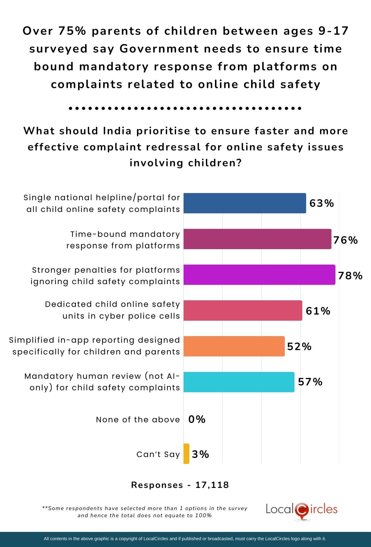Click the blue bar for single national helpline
245,203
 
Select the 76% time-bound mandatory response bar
257,239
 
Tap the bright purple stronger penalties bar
259,275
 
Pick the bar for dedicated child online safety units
243,310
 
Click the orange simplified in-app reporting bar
234,346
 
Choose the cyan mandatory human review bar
239,382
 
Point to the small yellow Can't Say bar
186,454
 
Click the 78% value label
350,276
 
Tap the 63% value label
321,203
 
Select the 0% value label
197,419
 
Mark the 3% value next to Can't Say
200,454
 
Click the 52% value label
299,347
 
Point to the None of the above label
138,420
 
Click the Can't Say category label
158,454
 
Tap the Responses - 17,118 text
180,485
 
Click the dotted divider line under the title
185,108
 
